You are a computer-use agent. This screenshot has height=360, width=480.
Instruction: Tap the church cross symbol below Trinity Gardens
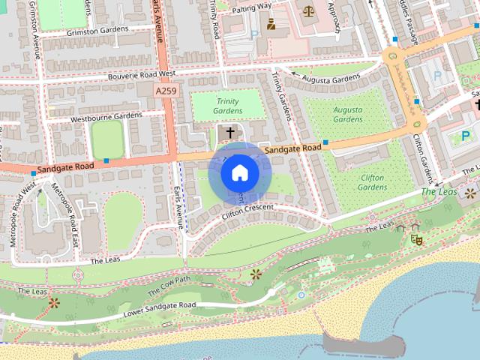coord(230,132)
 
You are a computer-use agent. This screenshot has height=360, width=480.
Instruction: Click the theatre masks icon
coord(416,238)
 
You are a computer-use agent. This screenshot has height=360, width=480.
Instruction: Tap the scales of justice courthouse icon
coord(309,10)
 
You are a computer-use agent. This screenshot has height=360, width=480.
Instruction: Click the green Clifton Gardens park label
coord(372,182)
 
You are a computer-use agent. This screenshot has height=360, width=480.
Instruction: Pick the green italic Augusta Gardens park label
coord(347,114)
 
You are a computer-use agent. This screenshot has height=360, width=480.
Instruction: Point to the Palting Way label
coord(251,7)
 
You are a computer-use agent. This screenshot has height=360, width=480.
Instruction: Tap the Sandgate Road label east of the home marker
coord(295,148)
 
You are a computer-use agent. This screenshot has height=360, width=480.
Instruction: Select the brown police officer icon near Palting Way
coord(271,24)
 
